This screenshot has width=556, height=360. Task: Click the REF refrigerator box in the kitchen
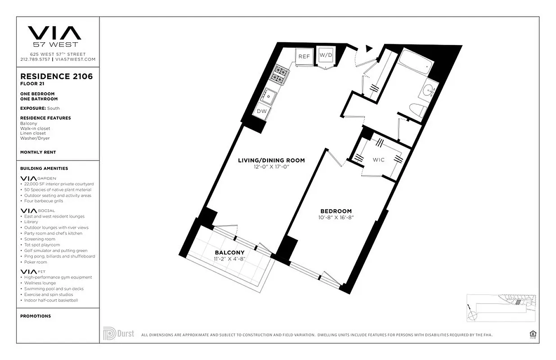(x=304, y=56)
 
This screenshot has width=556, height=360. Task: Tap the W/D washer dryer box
(x=325, y=55)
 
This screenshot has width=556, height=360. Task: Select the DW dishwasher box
(x=262, y=111)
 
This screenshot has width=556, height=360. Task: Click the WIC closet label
(x=379, y=160)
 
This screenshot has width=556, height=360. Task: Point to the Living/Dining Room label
(x=271, y=160)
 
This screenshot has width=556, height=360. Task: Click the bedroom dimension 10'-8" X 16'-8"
(x=336, y=217)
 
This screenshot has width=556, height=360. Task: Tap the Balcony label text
(x=229, y=252)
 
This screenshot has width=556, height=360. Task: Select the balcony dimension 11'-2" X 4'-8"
(x=229, y=259)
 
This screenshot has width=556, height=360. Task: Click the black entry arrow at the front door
(x=369, y=48)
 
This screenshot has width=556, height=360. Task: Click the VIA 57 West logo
(x=55, y=36)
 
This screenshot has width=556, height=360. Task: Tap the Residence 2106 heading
(x=56, y=76)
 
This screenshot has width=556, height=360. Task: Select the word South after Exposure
(x=53, y=108)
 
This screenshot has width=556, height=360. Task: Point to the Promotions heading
(x=36, y=316)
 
